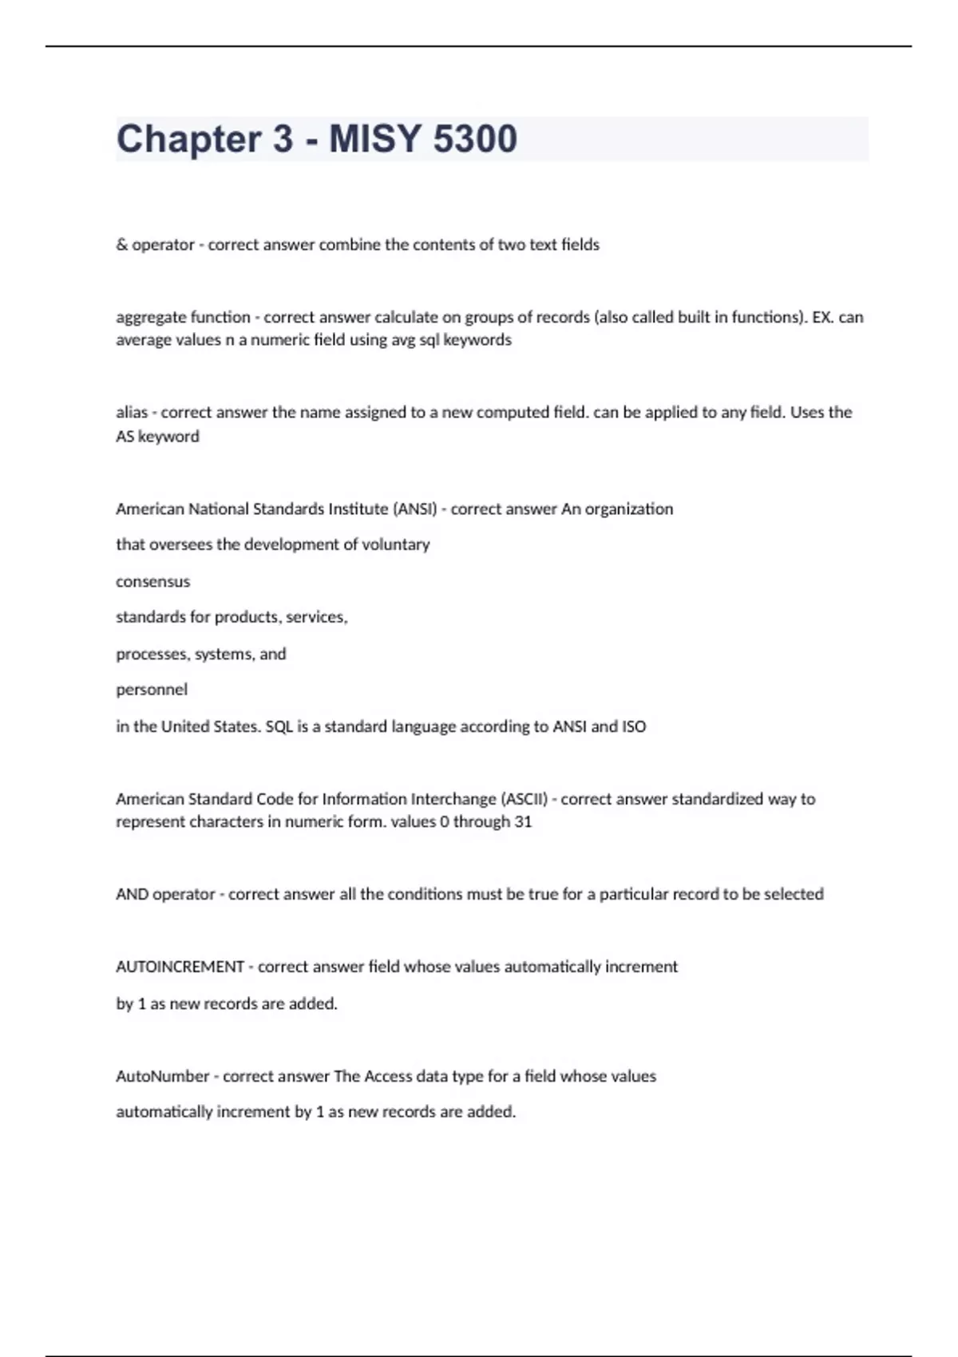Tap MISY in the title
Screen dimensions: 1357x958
pos(374,139)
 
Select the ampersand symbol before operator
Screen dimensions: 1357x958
pos(121,245)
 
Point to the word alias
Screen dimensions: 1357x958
pos(132,413)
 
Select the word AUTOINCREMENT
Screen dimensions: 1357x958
pos(180,967)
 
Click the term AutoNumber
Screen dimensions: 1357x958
pos(162,1076)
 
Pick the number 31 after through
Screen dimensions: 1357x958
pos(523,822)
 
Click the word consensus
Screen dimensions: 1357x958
pos(152,582)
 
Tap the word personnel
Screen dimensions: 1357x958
pos(152,690)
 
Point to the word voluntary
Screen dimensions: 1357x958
pos(396,544)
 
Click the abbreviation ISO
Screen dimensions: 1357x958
pos(634,726)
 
